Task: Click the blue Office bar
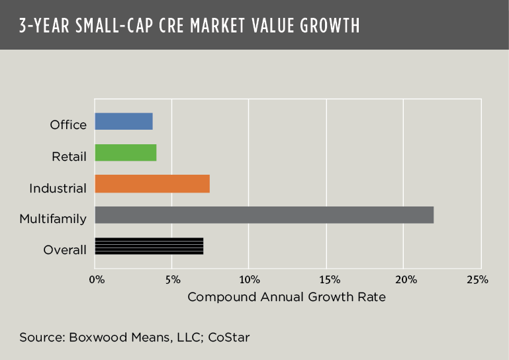124,122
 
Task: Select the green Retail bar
126,153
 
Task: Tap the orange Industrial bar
152,184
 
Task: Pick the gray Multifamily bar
264,215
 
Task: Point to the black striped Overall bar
149,246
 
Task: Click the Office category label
68,125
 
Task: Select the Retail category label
69,157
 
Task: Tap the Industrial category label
58,188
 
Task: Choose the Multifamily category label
53,219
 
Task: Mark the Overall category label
65,250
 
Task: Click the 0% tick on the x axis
97,279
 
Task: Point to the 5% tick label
172,279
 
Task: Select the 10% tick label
249,279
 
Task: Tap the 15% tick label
327,279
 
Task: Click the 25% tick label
478,279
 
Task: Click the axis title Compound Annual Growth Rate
287,296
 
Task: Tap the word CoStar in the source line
229,337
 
